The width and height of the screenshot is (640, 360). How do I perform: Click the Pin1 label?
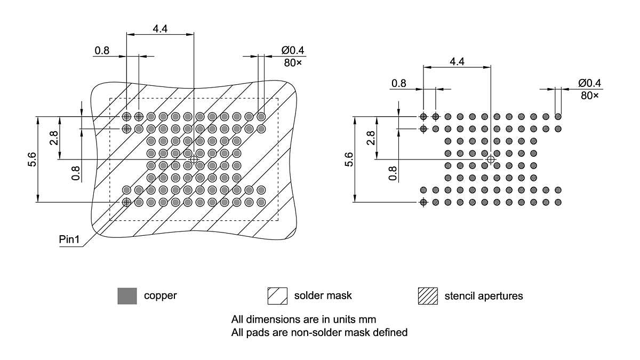(69, 239)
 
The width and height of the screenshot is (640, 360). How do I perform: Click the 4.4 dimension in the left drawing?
(160, 29)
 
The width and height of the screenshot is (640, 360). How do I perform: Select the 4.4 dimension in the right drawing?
(457, 61)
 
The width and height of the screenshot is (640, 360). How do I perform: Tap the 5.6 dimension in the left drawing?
(31, 159)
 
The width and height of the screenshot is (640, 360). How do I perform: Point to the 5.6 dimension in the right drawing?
(349, 159)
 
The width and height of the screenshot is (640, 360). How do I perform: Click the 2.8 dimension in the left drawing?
(53, 138)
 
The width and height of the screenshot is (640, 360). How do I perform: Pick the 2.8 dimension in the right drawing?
(371, 138)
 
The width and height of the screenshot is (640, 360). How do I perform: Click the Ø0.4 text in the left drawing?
(293, 51)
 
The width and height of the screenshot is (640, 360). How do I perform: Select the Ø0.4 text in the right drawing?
(589, 83)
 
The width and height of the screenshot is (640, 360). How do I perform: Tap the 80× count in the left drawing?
(292, 63)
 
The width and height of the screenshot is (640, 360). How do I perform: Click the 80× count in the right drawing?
(589, 95)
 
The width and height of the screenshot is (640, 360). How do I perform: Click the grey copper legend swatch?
(127, 295)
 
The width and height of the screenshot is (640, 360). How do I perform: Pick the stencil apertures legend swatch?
(428, 295)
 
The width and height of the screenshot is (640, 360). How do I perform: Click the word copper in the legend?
(160, 295)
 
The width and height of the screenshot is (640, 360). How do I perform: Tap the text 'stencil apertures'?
(484, 295)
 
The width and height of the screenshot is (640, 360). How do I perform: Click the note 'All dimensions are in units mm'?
(304, 320)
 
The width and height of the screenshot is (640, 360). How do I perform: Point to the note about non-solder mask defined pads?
(319, 333)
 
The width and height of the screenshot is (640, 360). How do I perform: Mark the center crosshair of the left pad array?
(194, 159)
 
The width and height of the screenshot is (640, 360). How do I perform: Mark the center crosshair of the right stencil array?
(491, 159)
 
